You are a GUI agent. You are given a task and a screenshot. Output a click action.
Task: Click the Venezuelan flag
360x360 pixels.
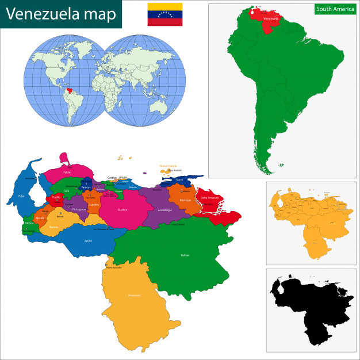coord(165,14)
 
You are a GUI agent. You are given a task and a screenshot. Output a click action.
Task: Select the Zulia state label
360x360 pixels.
coord(22,196)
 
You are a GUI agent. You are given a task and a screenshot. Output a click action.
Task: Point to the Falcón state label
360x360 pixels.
coord(67,172)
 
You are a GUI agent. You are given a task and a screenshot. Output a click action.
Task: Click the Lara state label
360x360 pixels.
coord(67,190)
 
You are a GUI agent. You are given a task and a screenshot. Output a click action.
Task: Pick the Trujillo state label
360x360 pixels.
coord(56,197)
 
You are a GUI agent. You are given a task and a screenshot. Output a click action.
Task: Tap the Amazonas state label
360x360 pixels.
coord(134,295)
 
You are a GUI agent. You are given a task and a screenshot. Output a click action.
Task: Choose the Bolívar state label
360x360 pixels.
coord(185,254)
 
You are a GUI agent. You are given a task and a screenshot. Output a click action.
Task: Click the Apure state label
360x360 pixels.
coord(88,241)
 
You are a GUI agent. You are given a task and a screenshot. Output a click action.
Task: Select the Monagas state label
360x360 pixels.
coord(185,200)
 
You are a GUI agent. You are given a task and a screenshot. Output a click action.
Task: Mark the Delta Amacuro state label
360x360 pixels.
coord(210,198)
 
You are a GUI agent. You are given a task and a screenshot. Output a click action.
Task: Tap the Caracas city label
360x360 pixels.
coord(113,178)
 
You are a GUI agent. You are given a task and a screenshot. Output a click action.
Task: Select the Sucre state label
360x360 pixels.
coord(179,179)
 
